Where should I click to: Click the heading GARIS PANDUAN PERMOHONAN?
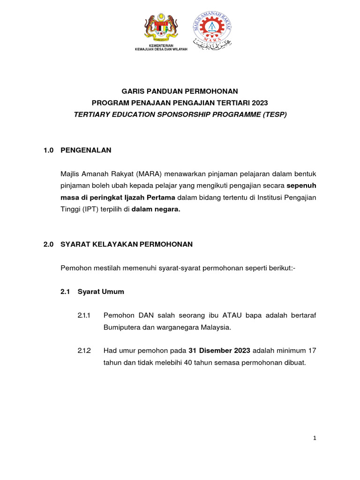click(180, 91)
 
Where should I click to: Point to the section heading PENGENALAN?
click(86, 150)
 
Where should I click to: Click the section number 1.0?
click(49, 150)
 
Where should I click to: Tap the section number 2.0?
click(49, 244)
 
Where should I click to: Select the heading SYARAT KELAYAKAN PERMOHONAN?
click(127, 244)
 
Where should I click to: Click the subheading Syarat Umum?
click(101, 292)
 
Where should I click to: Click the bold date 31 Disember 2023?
click(219, 351)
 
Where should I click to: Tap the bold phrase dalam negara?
click(156, 210)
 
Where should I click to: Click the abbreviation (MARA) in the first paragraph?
click(151, 174)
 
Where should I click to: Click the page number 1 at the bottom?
click(315, 438)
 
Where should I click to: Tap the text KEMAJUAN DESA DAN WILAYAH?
click(161, 49)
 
